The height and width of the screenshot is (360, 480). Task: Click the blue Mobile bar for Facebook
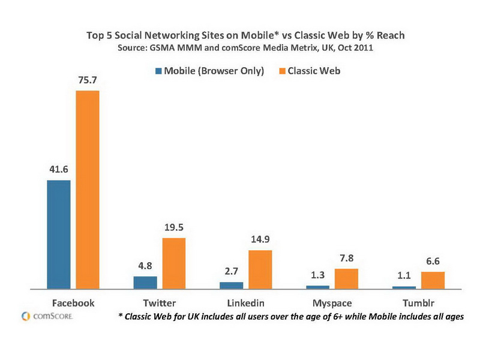(58, 234)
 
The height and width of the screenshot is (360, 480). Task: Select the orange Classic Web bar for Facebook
(87, 190)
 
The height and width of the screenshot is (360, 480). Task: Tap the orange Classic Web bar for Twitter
(173, 263)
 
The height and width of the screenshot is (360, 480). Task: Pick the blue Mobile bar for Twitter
(145, 283)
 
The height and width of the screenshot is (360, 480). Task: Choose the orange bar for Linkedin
(260, 269)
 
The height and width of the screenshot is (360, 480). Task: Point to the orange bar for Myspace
(346, 279)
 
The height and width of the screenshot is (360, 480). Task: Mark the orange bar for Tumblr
(433, 280)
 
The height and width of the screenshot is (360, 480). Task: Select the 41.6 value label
(58, 170)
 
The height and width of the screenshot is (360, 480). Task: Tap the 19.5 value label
(173, 228)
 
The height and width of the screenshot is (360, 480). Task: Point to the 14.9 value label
(260, 240)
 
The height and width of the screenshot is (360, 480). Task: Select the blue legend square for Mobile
(159, 71)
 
